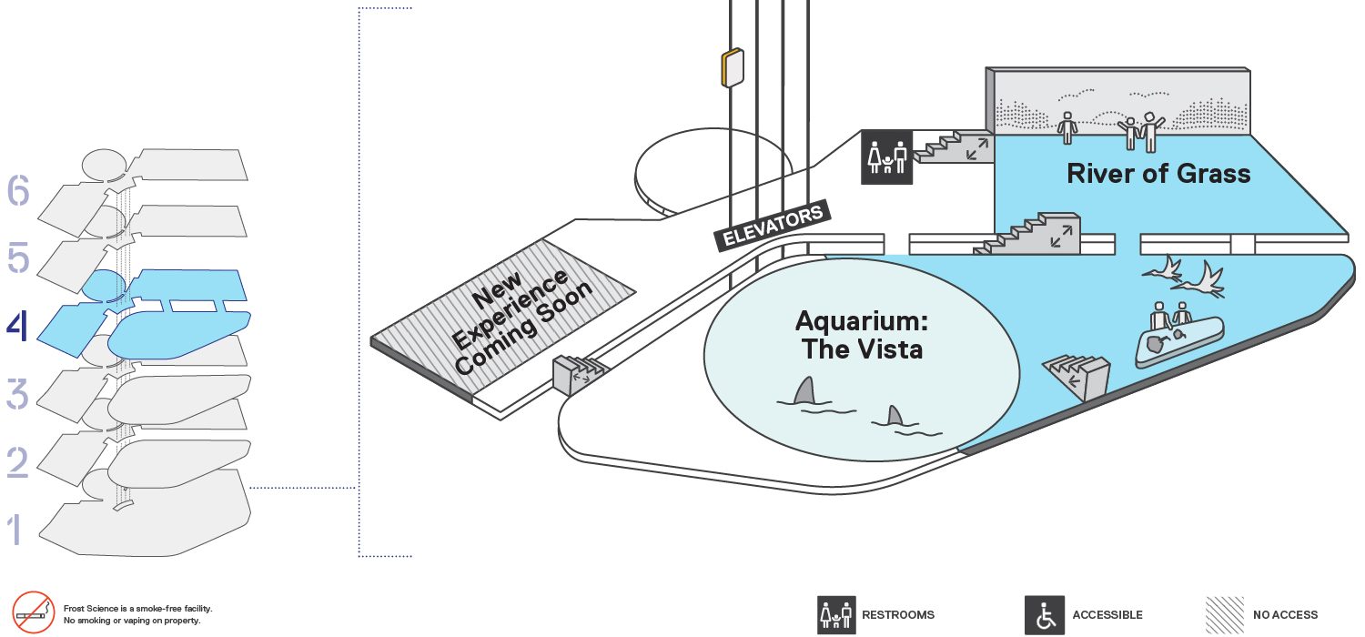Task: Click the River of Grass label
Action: [1158, 174]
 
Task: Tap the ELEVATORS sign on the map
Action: [772, 225]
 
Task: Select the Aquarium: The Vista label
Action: [862, 335]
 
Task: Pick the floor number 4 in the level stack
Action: [17, 326]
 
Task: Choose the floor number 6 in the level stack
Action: [17, 189]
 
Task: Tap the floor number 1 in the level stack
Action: [15, 529]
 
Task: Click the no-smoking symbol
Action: [33, 612]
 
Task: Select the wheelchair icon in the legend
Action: [1045, 615]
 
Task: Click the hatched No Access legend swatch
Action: [1224, 615]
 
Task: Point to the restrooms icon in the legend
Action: [836, 615]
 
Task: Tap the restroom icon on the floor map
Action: [886, 157]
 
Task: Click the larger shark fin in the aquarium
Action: [805, 390]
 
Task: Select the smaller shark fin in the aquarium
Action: [895, 416]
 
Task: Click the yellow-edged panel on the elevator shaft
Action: [733, 67]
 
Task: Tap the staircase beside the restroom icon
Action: [954, 147]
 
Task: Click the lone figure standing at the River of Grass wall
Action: [1067, 127]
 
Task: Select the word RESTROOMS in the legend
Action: [897, 615]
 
